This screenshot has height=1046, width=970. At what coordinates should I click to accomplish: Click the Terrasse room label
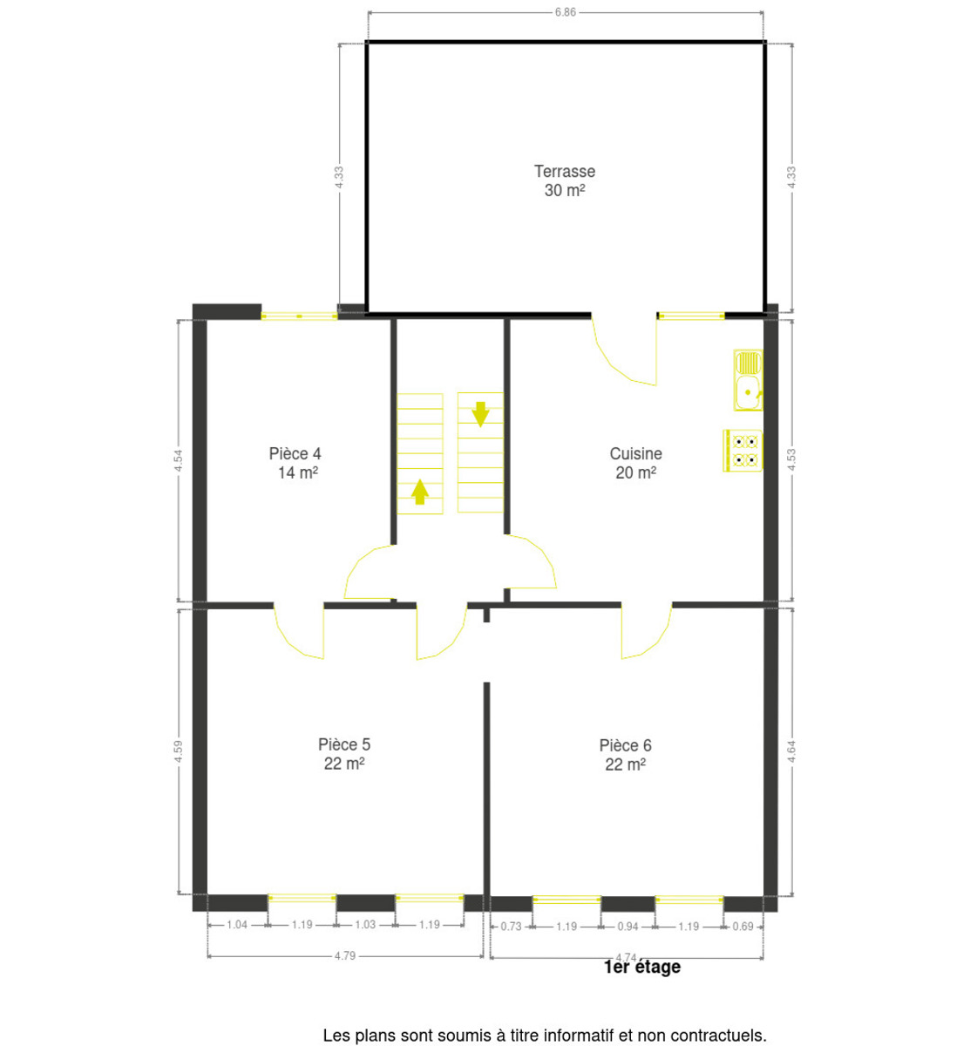click(x=565, y=171)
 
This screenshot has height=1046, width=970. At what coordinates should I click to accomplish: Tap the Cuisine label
click(x=635, y=453)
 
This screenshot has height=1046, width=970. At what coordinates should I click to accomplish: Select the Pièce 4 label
click(x=295, y=453)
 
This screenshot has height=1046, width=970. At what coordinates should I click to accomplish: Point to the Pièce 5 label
click(x=344, y=744)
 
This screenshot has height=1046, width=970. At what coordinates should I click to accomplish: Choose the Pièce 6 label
click(x=625, y=745)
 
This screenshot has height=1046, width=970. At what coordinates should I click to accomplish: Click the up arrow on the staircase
click(x=420, y=492)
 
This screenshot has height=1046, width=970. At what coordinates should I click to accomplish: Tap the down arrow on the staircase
click(x=480, y=414)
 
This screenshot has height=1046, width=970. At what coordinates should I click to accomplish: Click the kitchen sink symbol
click(x=748, y=380)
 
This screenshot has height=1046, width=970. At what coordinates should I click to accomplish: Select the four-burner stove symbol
click(x=743, y=451)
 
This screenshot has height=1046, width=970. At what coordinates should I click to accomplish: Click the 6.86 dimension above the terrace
click(x=566, y=12)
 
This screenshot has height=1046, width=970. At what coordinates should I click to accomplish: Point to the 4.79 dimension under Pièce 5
click(x=345, y=956)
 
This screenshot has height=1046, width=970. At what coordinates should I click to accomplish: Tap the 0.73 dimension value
click(x=511, y=927)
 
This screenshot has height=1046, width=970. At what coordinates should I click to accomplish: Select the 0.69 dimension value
click(x=743, y=927)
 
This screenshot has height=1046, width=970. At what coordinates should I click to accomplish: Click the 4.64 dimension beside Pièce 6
click(x=791, y=751)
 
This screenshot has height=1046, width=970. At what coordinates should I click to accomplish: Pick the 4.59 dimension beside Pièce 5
click(x=179, y=751)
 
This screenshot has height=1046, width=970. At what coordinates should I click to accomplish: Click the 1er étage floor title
click(x=642, y=967)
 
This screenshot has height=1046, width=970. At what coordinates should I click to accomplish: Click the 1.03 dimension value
click(x=365, y=925)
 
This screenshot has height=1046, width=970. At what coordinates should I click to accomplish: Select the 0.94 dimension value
click(x=627, y=927)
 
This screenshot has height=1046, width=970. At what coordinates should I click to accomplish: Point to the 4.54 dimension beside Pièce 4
click(x=179, y=460)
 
